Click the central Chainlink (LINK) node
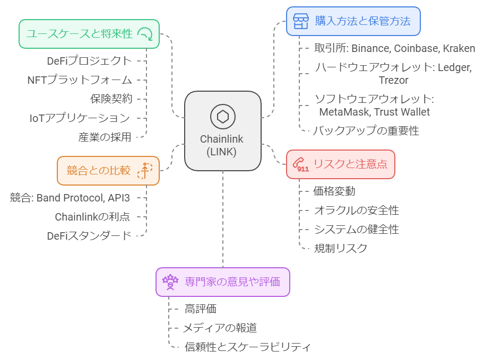click(x=222, y=131)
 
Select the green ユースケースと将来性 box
click(x=89, y=34)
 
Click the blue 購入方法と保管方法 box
click(x=353, y=21)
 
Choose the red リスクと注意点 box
click(x=340, y=164)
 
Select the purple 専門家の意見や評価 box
click(x=222, y=282)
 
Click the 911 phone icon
click(x=302, y=165)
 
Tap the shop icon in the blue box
click(x=301, y=22)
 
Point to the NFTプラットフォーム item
click(x=80, y=80)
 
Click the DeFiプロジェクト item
click(x=89, y=60)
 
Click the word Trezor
click(x=393, y=81)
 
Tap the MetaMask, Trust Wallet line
click(x=374, y=112)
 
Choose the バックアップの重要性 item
click(x=366, y=130)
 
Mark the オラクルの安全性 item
click(x=356, y=210)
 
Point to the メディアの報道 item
click(x=220, y=328)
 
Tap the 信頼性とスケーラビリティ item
click(x=247, y=347)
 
